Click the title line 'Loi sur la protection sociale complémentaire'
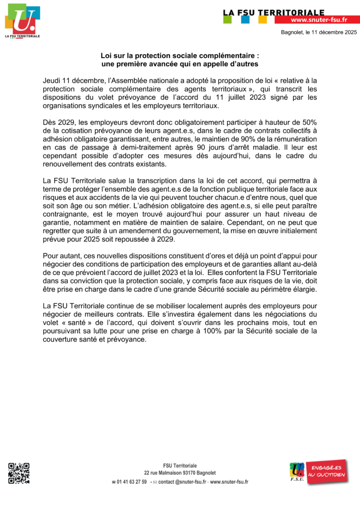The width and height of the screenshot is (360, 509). [180, 57]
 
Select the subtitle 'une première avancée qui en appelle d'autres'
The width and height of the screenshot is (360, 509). [180, 65]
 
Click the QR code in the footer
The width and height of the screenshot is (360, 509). [19, 473]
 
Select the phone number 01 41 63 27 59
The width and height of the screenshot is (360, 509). [132, 482]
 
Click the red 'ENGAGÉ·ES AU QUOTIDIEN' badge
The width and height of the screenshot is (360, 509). [326, 472]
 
